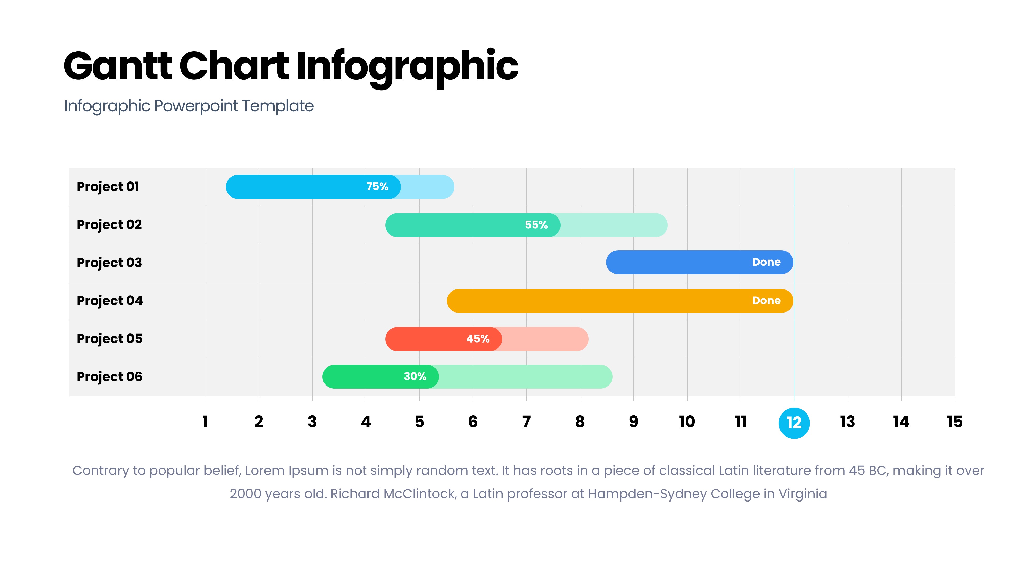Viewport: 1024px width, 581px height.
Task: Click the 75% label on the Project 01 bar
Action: point(377,186)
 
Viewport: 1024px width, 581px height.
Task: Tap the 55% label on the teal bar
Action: point(536,225)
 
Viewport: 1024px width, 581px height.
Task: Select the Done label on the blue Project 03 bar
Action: point(766,262)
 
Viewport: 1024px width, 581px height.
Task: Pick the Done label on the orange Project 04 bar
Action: point(766,301)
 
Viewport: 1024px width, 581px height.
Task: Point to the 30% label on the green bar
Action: point(415,376)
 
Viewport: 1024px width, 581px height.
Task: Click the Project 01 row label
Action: point(108,187)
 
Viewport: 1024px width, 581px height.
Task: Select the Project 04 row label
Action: point(110,301)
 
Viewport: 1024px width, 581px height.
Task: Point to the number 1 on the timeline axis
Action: point(205,422)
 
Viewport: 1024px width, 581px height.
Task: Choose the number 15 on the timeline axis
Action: point(954,422)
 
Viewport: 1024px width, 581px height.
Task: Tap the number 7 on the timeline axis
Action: point(526,422)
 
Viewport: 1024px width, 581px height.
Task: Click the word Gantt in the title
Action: point(118,66)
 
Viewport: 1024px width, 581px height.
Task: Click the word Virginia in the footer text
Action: point(803,494)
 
